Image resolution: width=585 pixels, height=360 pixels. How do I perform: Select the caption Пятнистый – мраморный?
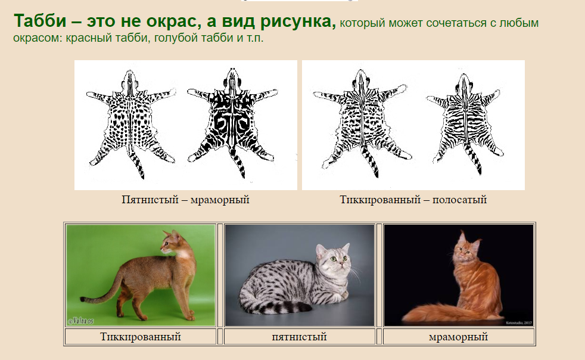185,200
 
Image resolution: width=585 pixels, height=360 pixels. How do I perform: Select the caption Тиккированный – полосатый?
413,200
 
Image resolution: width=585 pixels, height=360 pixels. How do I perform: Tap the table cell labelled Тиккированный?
141,337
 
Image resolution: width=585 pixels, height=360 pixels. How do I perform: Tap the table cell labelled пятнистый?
299,337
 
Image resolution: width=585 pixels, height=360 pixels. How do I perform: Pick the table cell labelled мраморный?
459,337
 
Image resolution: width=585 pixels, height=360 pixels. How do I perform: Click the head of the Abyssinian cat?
173,243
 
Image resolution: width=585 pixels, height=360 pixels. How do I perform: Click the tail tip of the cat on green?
83,299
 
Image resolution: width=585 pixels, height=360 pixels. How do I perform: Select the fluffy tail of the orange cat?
444,313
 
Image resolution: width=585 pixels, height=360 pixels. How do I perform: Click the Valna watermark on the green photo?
80,321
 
